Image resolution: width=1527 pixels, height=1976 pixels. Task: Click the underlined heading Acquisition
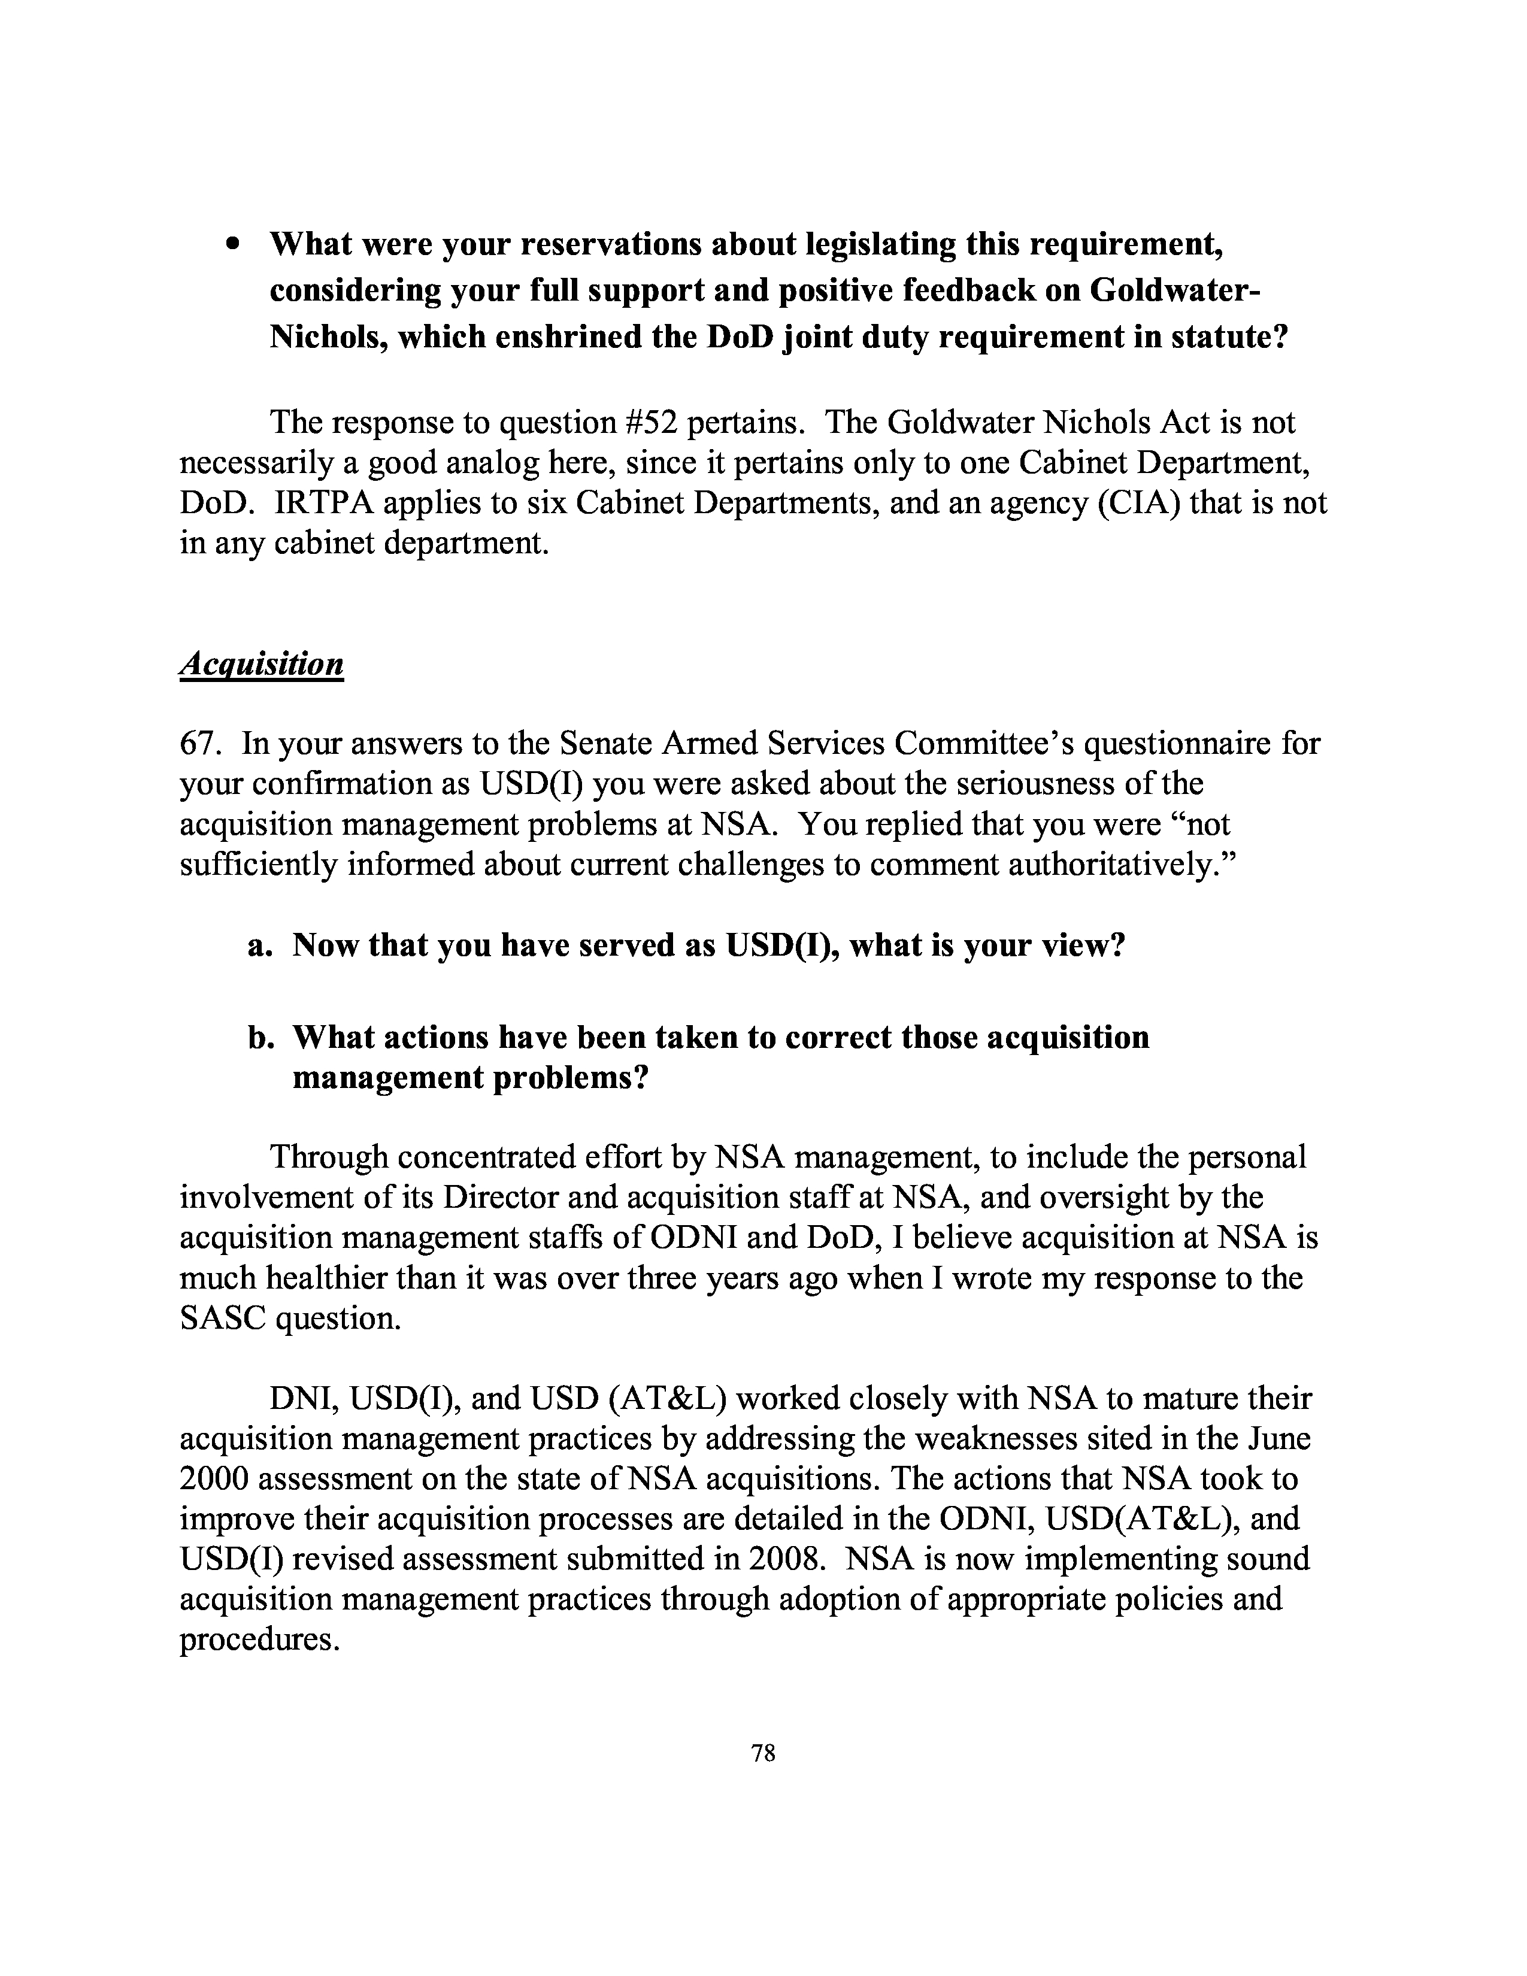(262, 664)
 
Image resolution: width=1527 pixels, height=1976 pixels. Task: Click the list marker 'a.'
(260, 945)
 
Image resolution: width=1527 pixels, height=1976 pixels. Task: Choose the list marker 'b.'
(260, 1037)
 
